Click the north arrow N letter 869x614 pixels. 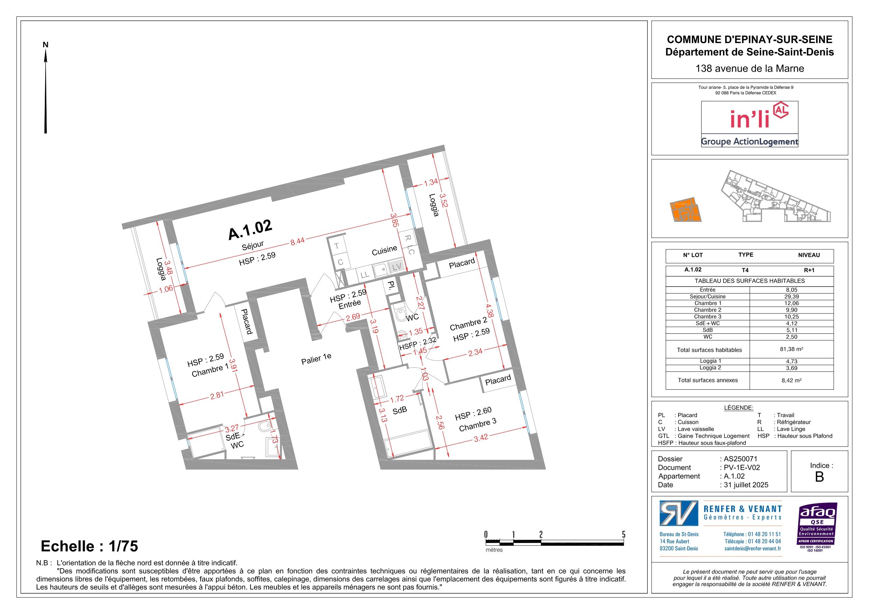[46, 45]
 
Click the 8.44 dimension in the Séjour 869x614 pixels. [298, 241]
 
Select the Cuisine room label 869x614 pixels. [384, 250]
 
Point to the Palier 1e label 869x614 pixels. [316, 359]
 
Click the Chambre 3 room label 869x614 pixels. [478, 424]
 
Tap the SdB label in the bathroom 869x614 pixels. [400, 410]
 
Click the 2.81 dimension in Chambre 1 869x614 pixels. [217, 396]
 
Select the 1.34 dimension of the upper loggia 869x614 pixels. [431, 182]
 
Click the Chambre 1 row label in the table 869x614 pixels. [708, 303]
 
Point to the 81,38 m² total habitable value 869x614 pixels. [791, 349]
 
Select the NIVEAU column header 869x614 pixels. [809, 255]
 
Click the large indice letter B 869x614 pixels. [819, 477]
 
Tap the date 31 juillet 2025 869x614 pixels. [746, 485]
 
